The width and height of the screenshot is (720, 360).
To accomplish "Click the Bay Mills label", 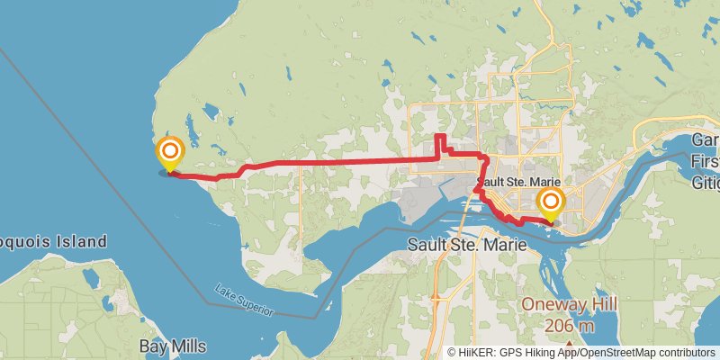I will [x=173, y=346].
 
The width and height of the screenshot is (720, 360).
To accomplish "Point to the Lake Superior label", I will [x=243, y=301].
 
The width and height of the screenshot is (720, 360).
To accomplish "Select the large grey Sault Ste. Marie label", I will [x=464, y=244].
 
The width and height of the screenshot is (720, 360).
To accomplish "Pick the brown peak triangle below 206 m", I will [x=570, y=343].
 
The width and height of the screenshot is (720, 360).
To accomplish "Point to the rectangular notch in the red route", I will [x=441, y=144].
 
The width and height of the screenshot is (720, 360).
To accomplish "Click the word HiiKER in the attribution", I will [x=477, y=353].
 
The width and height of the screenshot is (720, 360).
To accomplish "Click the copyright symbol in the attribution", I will [x=452, y=353].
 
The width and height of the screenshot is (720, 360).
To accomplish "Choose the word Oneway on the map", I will [x=548, y=304].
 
